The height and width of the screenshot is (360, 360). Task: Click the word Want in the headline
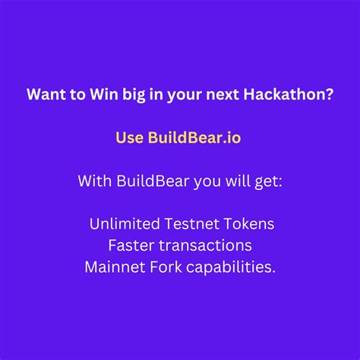pyautogui.click(x=43, y=96)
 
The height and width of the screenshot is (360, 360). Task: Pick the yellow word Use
pyautogui.click(x=129, y=138)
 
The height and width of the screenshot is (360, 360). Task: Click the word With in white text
pyautogui.click(x=94, y=182)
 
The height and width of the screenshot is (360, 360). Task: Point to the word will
pyautogui.click(x=229, y=182)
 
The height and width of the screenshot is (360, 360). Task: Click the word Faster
pyautogui.click(x=132, y=246)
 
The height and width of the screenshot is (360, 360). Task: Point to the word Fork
pyautogui.click(x=169, y=268)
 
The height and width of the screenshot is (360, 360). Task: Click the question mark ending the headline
pyautogui.click(x=329, y=96)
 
